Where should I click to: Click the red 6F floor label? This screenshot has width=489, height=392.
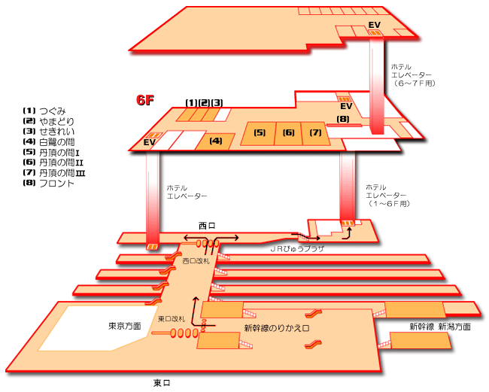[x=145, y=100]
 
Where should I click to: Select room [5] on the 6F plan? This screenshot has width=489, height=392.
[x=260, y=133]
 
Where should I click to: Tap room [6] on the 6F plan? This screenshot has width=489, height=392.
[x=288, y=133]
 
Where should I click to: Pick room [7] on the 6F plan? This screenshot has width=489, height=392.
[x=315, y=133]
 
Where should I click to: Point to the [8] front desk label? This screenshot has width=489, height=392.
[x=343, y=119]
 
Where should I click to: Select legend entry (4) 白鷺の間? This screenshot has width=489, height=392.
[x=52, y=141]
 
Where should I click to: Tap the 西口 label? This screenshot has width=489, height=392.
[x=207, y=225]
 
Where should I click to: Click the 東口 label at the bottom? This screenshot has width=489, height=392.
[x=162, y=383]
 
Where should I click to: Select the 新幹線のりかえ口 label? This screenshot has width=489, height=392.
[x=277, y=328]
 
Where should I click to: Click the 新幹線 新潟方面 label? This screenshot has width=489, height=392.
[x=440, y=327]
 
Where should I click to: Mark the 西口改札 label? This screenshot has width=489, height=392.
[x=196, y=261]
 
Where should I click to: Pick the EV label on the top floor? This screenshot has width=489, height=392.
[x=374, y=25]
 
